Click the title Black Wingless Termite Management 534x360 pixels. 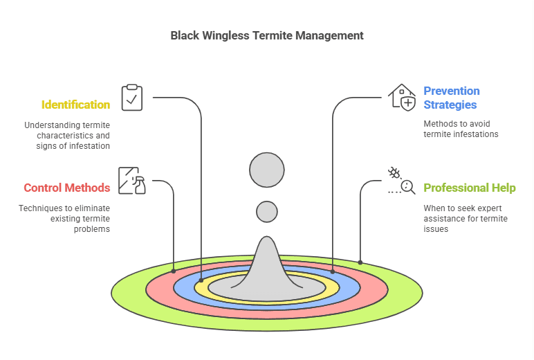pyautogui.click(x=267, y=35)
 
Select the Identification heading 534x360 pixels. pyautogui.click(x=75, y=105)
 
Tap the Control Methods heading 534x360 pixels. pyautogui.click(x=67, y=188)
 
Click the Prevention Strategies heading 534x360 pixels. pyautogui.click(x=452, y=98)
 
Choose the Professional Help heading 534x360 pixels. pyautogui.click(x=470, y=188)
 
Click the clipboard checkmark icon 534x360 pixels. pyautogui.click(x=131, y=98)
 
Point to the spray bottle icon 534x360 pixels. pyautogui.click(x=131, y=181)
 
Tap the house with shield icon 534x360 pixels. pyautogui.click(x=402, y=98)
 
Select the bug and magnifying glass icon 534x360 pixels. pyautogui.click(x=401, y=181)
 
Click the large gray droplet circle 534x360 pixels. pyautogui.click(x=267, y=170)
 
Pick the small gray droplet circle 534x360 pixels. pyautogui.click(x=267, y=211)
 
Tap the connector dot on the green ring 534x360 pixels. pyautogui.click(x=360, y=262)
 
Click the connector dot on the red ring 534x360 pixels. pyautogui.click(x=173, y=271)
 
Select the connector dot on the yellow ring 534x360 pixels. pyautogui.click(x=201, y=280)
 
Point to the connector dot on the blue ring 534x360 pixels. pyautogui.click(x=333, y=271)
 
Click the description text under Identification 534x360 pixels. pyautogui.click(x=67, y=136)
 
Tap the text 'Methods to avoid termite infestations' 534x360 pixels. pyautogui.click(x=461, y=129)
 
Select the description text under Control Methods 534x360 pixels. pyautogui.click(x=64, y=218)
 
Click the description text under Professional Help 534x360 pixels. pyautogui.click(x=466, y=218)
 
